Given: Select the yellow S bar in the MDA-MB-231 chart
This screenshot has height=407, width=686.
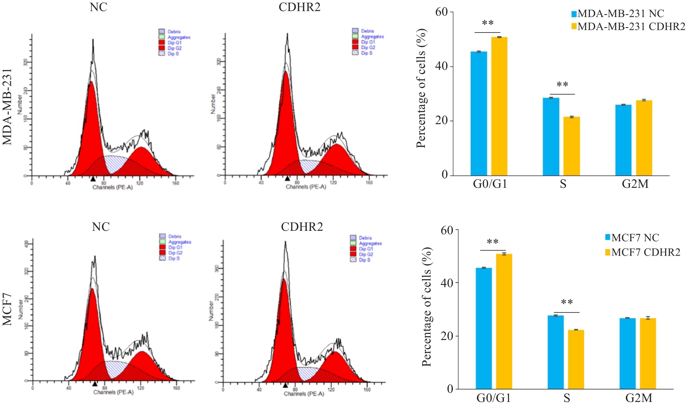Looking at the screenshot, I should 571,146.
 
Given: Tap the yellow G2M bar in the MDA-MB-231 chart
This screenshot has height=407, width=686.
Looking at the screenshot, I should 644,138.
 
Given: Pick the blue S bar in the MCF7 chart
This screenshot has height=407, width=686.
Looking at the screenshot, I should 555,352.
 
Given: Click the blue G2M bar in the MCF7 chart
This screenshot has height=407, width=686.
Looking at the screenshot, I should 627,353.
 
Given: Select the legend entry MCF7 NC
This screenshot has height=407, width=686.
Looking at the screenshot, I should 635,238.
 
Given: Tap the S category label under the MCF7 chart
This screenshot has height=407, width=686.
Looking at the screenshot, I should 567,398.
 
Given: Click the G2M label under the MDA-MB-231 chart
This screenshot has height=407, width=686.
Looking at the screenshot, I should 635,184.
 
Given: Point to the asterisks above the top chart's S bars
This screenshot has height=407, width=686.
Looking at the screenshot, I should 562,85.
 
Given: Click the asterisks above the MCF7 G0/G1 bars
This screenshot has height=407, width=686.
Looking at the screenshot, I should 492,242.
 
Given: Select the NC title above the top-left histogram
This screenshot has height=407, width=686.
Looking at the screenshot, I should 98,7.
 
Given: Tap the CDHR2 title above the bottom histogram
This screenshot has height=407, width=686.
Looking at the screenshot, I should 302,227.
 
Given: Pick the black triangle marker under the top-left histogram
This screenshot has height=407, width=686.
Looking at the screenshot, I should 93,179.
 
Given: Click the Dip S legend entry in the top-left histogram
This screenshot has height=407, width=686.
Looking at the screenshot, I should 173,54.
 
